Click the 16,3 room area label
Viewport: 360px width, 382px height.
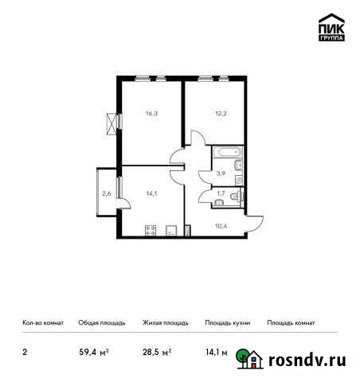pyautogui.click(x=151, y=114)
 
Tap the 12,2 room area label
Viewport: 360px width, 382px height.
pyautogui.click(x=219, y=114)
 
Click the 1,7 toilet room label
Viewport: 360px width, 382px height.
pyautogui.click(x=221, y=193)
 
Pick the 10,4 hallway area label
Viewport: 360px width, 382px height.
pyautogui.click(x=221, y=225)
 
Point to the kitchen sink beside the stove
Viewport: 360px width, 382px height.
pyautogui.click(x=171, y=231)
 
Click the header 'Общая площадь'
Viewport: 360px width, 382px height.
pyautogui.click(x=101, y=323)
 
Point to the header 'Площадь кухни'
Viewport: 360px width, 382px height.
pyautogui.click(x=227, y=323)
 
